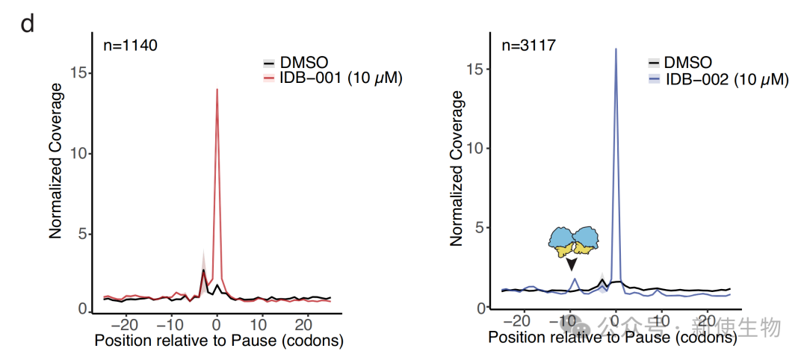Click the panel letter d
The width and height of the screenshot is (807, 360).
pos(27,24)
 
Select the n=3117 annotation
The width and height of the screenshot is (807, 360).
pos(528,46)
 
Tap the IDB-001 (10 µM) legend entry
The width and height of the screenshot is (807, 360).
pos(341,77)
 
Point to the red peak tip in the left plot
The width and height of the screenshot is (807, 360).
pos(217,89)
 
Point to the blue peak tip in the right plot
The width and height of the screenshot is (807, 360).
pos(616,49)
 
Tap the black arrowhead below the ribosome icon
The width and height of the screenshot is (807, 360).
pos(572,264)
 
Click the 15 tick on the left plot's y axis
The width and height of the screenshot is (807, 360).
pos(84,73)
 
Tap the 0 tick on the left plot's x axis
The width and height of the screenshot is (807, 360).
pos(216,326)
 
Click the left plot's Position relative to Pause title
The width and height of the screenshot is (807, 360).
pos(218,342)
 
